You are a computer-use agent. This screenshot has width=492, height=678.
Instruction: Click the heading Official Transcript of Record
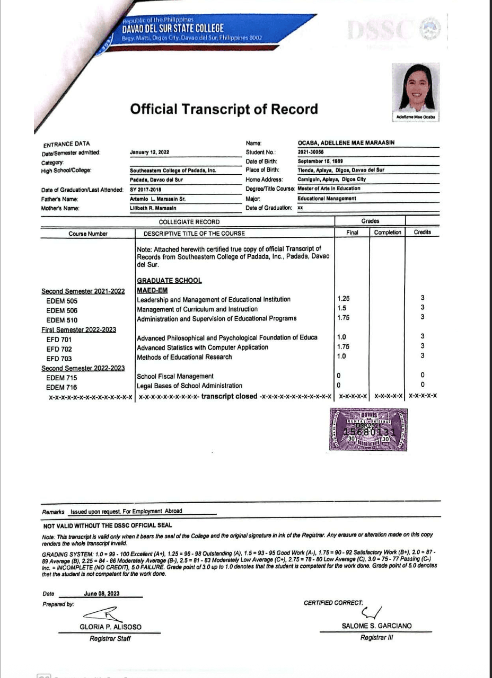point(224,109)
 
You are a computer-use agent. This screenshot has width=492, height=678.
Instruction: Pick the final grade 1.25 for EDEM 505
point(344,299)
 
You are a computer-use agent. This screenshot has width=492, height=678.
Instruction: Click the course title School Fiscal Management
point(175,376)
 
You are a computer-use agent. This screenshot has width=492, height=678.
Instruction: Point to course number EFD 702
point(59,349)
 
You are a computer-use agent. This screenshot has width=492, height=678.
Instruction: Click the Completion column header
point(388,233)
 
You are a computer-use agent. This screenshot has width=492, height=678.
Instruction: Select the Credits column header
point(422,233)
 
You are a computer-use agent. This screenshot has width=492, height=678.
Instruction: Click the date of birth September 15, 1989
point(320,161)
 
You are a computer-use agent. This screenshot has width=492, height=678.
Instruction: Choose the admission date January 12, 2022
point(150,152)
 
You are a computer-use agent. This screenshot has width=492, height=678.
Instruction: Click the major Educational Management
point(327,199)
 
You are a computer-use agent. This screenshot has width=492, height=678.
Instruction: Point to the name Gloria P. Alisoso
point(111,627)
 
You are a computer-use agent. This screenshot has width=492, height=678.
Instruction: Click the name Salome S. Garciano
point(376,626)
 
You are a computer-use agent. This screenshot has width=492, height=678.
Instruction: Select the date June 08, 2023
point(101,594)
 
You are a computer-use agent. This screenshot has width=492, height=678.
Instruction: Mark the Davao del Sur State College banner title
point(173,28)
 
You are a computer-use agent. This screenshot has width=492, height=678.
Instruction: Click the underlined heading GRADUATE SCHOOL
point(169,281)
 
